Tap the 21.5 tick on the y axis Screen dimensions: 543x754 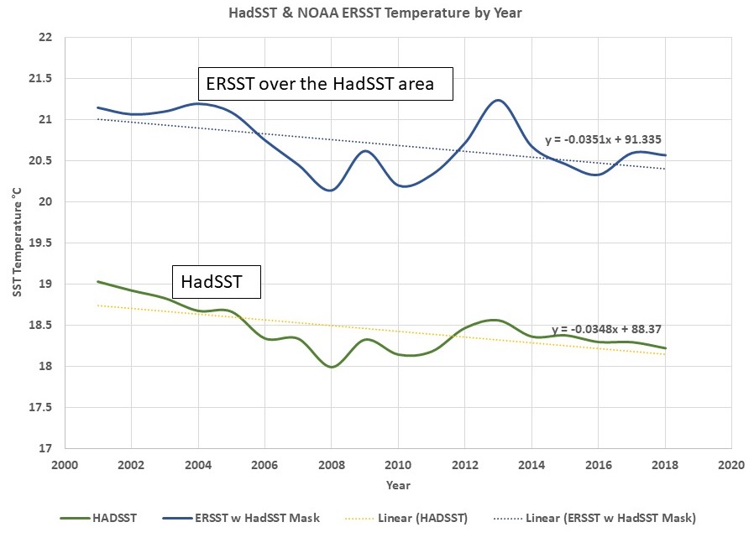point(39,79)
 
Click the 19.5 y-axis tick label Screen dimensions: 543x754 point(39,243)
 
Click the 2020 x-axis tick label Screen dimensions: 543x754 point(731,464)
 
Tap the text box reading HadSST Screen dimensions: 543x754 point(217,283)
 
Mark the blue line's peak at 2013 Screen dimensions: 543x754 point(498,100)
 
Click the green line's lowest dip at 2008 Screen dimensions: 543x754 point(331,367)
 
